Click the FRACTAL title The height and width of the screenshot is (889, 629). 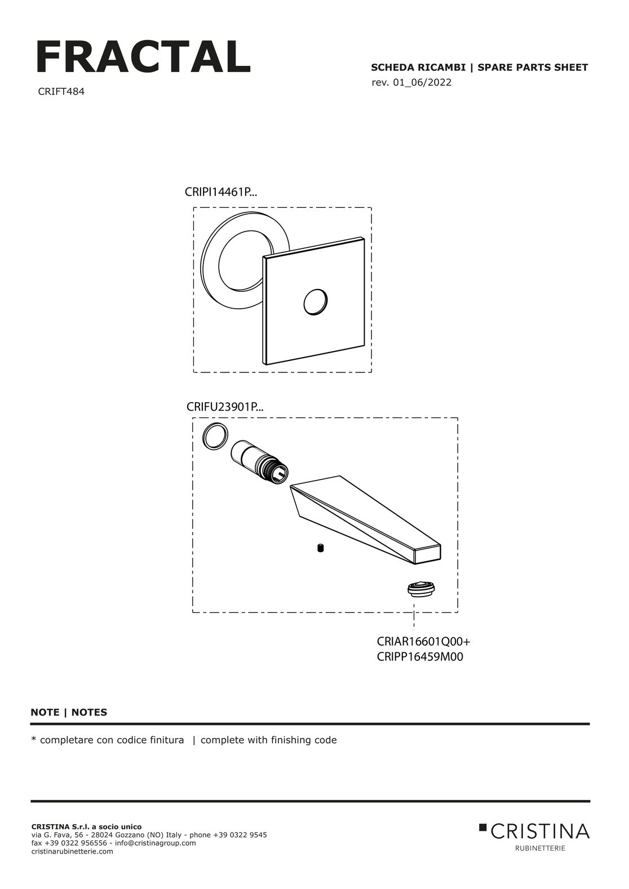pyautogui.click(x=143, y=56)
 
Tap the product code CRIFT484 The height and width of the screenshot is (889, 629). pyautogui.click(x=61, y=92)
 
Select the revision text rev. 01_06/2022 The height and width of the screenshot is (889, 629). pyautogui.click(x=411, y=83)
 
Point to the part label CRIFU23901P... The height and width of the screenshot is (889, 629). pyautogui.click(x=225, y=407)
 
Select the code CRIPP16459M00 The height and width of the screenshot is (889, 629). pyautogui.click(x=420, y=657)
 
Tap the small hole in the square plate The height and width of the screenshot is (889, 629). pyautogui.click(x=316, y=302)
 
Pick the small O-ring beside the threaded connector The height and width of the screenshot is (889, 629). pyautogui.click(x=215, y=436)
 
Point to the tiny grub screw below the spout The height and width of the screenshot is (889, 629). pyautogui.click(x=321, y=549)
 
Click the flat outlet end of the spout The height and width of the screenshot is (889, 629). pyautogui.click(x=428, y=554)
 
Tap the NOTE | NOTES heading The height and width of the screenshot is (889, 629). pyautogui.click(x=69, y=713)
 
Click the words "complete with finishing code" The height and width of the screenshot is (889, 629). pyautogui.click(x=268, y=740)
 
